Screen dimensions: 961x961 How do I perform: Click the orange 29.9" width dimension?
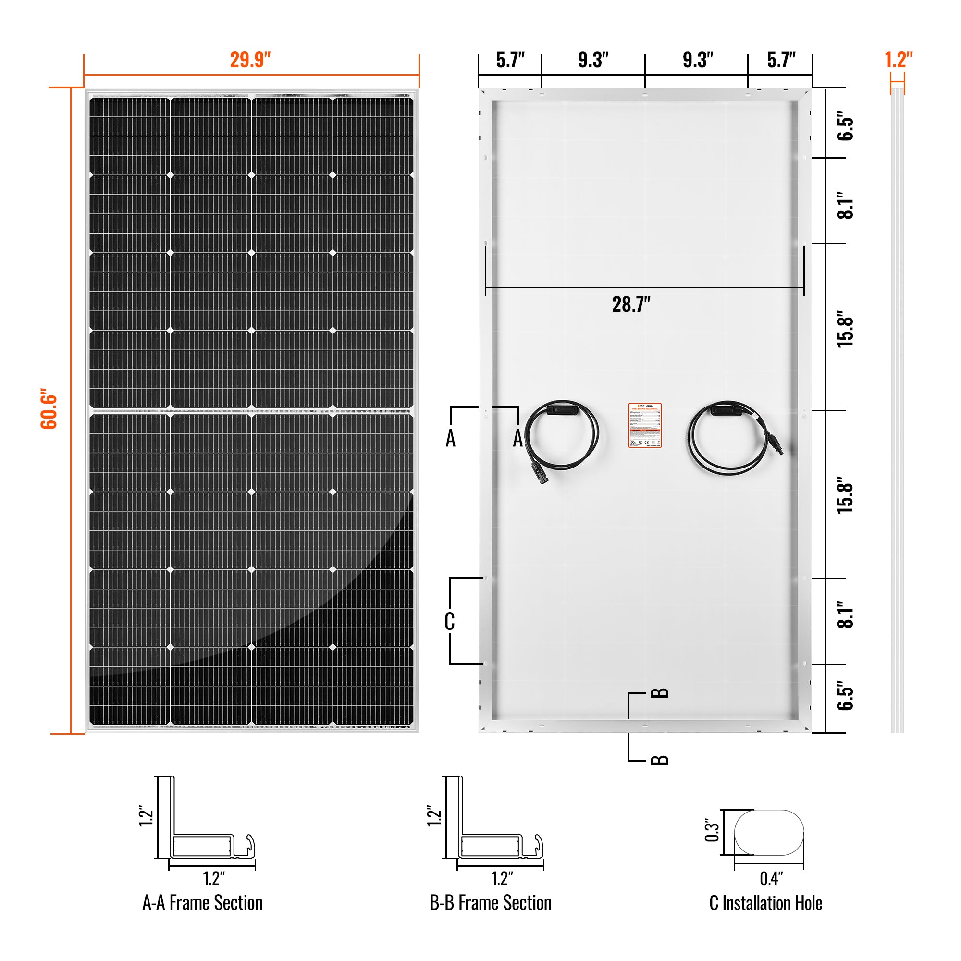[250, 60]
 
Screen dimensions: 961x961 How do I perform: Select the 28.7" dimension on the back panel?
[631, 305]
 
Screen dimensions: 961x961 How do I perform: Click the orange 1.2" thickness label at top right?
[899, 60]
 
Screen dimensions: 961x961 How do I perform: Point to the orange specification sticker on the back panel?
[645, 425]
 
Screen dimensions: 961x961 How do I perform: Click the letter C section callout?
[450, 621]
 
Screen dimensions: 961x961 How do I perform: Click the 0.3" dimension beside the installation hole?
[712, 830]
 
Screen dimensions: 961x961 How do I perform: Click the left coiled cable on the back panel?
[562, 438]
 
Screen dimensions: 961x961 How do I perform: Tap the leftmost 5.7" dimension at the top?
[510, 60]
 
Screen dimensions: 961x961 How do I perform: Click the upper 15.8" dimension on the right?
[845, 329]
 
